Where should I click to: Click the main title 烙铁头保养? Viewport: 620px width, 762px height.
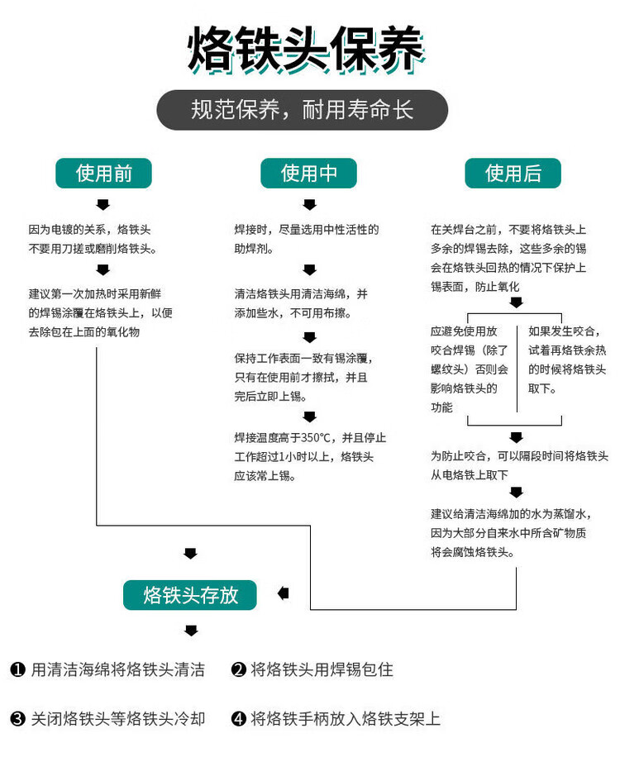pos(306,50)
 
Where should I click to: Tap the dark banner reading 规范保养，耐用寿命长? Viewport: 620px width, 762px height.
pos(303,111)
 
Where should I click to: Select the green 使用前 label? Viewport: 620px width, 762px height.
pos(103,174)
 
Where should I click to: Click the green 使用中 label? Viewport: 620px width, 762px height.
pos(308,174)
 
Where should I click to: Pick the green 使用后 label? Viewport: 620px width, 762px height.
pos(513,174)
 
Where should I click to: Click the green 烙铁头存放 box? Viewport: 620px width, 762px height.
pos(190,594)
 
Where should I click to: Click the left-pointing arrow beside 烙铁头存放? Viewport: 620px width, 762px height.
pos(284,593)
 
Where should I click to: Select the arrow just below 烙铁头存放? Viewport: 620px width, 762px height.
pos(191,631)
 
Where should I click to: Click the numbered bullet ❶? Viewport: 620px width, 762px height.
pos(17,669)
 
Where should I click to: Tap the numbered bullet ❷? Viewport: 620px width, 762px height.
pos(239,669)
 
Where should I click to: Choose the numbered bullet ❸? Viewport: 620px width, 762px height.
pos(17,719)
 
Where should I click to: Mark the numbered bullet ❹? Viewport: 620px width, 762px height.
pos(239,719)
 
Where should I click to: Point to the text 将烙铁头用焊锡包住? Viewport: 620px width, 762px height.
pos(322,669)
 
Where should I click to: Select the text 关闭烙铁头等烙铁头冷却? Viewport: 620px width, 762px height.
pos(117,719)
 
